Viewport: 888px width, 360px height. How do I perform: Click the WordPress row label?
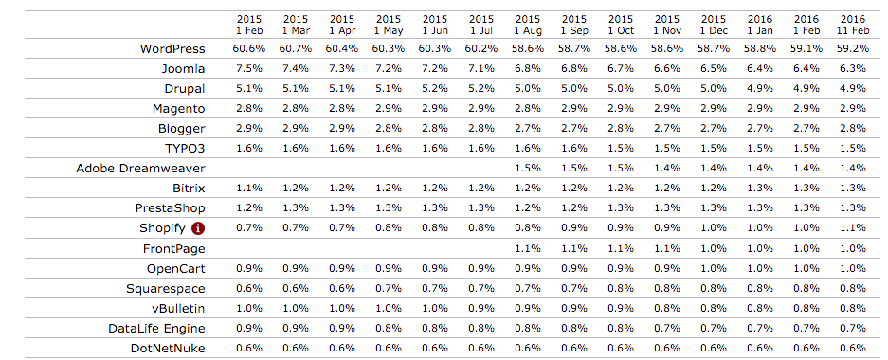[x=172, y=48]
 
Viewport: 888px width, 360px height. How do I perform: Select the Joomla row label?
[x=183, y=68]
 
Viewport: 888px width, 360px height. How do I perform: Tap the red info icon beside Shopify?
[x=198, y=227]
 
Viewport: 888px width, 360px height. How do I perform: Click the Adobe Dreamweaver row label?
[x=141, y=168]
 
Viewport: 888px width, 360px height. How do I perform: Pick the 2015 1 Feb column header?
[x=248, y=25]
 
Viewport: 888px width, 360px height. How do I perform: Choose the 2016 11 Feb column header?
[x=852, y=25]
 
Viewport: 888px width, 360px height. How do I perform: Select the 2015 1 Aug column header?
[x=527, y=25]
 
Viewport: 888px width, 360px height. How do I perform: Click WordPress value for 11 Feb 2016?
[x=852, y=48]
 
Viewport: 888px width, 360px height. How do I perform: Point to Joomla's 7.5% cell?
[x=248, y=68]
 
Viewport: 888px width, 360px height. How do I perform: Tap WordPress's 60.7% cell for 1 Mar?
[x=295, y=48]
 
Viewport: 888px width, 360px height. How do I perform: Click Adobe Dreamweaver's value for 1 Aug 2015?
[x=527, y=168]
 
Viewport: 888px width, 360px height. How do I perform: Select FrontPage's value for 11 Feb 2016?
[x=852, y=247]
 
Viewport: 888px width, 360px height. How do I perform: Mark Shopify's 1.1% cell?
[x=852, y=227]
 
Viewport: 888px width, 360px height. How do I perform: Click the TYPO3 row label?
[x=184, y=148]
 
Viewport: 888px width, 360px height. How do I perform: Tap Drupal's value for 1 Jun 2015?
[x=434, y=88]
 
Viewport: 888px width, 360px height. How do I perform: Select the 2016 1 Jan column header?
[x=759, y=25]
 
